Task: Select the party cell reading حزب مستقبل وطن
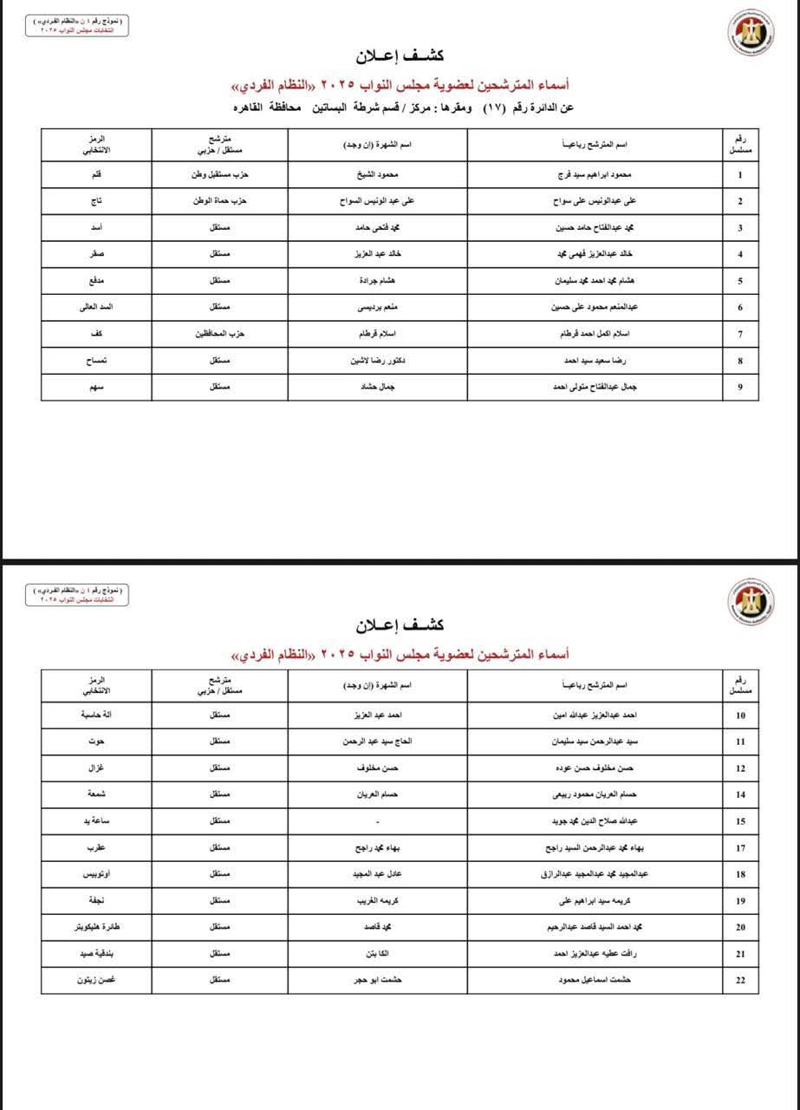220,174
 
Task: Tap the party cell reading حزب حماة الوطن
220,201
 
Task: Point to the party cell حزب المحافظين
220,334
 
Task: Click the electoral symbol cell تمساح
96,361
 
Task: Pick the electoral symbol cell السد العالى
96,308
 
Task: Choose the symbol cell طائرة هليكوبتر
96,927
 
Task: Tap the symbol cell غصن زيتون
96,980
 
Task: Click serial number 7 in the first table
740,334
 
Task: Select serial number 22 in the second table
740,980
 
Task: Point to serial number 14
740,794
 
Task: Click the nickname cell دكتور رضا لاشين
378,361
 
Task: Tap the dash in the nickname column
378,821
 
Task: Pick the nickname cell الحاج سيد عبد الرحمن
378,741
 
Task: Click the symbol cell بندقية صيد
96,954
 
